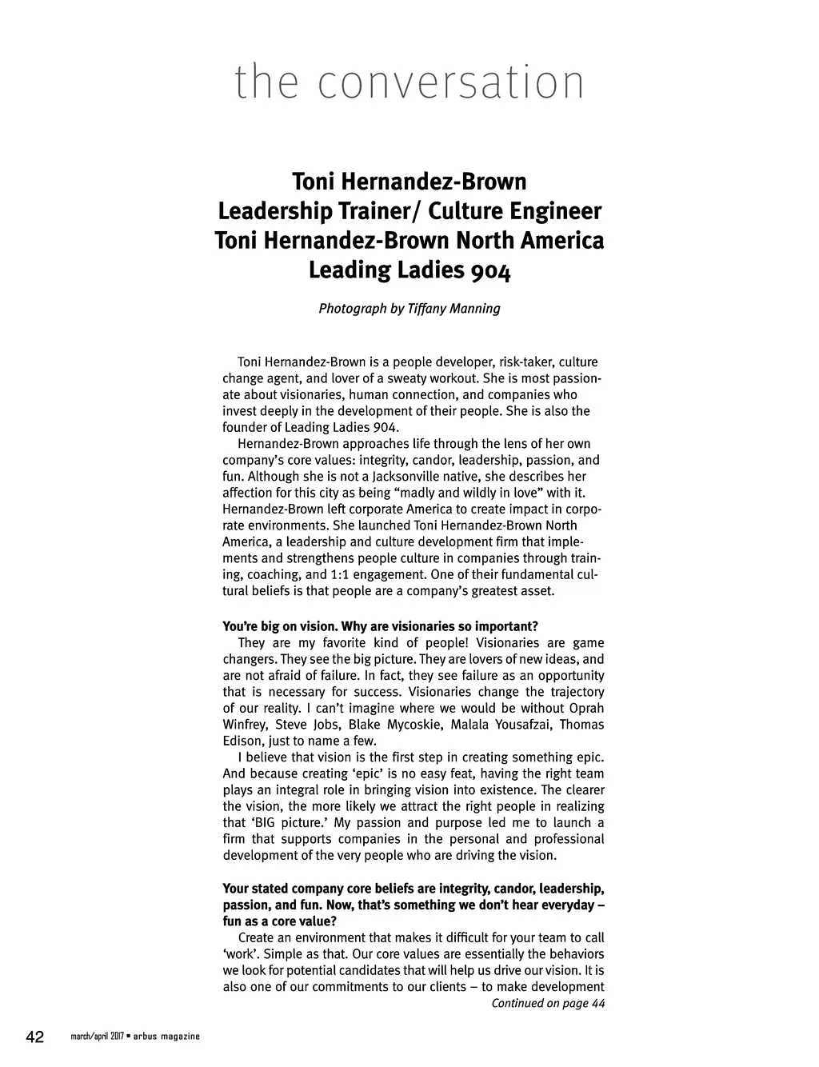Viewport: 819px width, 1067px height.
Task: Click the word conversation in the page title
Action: [x=451, y=82]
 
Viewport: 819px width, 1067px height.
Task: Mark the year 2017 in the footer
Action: [x=112, y=1037]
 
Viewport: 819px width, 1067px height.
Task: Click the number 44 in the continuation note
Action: [x=597, y=1003]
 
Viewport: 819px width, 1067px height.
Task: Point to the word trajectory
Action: [x=575, y=692]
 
